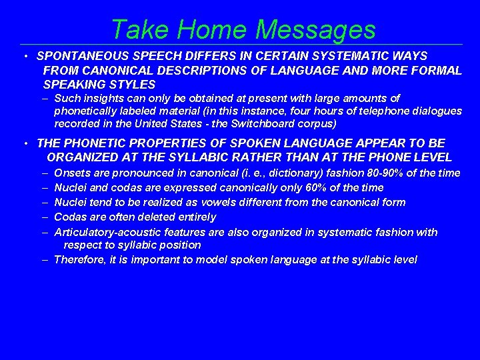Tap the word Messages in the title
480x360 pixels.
click(x=315, y=29)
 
